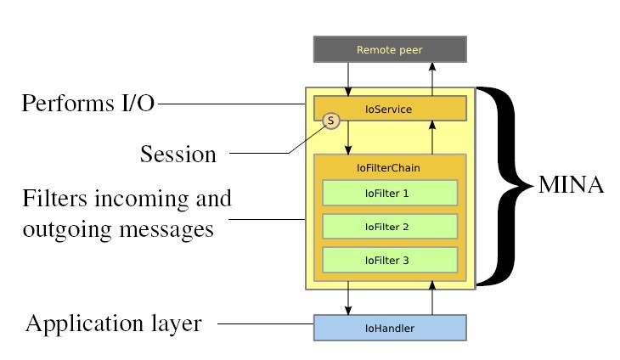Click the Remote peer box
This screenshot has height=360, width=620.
pyautogui.click(x=390, y=50)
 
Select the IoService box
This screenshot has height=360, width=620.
pyautogui.click(x=390, y=109)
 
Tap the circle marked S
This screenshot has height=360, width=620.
pyautogui.click(x=330, y=121)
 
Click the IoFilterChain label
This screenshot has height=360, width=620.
pyautogui.click(x=390, y=167)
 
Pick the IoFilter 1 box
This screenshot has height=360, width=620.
pyautogui.click(x=390, y=193)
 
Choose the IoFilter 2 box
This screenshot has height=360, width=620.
pyautogui.click(x=390, y=227)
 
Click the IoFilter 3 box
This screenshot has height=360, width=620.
pyautogui.click(x=390, y=260)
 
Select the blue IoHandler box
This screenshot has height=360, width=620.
pyautogui.click(x=390, y=328)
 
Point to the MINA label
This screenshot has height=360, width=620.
pyautogui.click(x=572, y=185)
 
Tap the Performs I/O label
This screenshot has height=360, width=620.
pyautogui.click(x=88, y=104)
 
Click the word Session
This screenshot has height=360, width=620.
pyautogui.click(x=178, y=155)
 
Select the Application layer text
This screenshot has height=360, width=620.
pyautogui.click(x=114, y=323)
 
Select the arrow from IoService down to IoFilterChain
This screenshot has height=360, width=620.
pyautogui.click(x=348, y=138)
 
